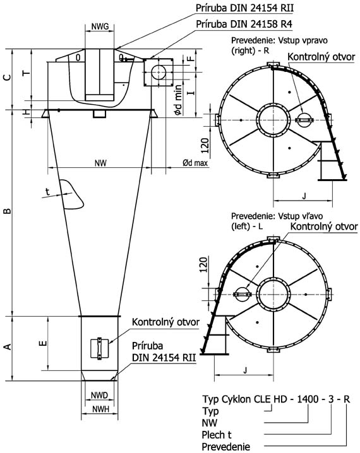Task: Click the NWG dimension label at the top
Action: (100, 26)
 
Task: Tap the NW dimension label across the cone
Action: (100, 163)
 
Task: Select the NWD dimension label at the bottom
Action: (99, 395)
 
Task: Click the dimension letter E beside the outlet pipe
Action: (43, 343)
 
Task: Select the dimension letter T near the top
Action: (27, 73)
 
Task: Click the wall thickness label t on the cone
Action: (48, 191)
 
